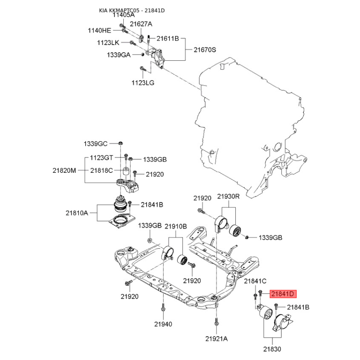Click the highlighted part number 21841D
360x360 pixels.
(283, 294)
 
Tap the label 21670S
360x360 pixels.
(205, 49)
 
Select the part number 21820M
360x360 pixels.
(64, 171)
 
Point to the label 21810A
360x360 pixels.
(76, 213)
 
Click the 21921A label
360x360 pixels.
(216, 338)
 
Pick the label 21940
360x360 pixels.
(163, 324)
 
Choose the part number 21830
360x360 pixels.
(272, 349)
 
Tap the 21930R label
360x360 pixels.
(228, 196)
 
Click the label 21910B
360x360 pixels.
(175, 226)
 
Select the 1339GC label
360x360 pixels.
(95, 144)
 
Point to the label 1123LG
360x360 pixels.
(143, 83)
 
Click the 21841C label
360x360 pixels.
(255, 281)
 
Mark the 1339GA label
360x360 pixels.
(118, 55)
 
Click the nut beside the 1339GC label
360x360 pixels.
(120, 143)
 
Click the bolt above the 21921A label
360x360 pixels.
(216, 322)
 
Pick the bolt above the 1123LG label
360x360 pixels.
(142, 68)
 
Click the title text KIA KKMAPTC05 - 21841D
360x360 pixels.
(132, 10)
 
